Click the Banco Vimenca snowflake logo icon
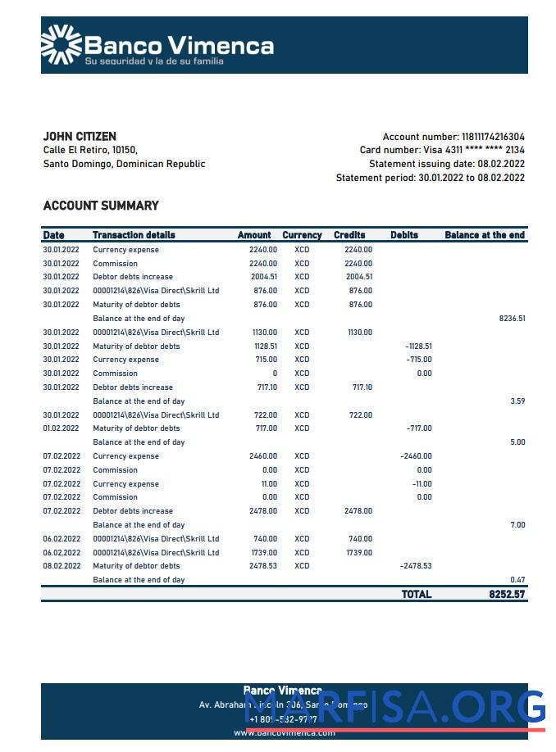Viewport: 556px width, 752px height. coord(62,44)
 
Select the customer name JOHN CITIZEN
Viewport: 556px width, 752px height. coord(80,137)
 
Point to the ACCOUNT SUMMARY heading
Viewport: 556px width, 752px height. coord(101,206)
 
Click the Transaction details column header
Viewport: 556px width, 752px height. coord(134,235)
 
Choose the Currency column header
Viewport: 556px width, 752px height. coord(302,235)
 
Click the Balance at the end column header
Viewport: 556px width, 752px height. coord(484,235)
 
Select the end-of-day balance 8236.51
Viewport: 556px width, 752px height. coord(512,319)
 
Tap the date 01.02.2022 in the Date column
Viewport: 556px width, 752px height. coord(62,428)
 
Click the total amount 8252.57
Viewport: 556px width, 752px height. coord(506,594)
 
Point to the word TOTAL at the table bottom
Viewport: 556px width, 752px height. coord(416,594)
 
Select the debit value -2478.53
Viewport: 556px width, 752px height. coord(415,566)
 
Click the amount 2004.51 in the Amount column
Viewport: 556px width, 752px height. coord(263,277)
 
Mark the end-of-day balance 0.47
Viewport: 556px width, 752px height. coord(517,580)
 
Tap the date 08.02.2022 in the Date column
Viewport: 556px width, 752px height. coord(62,566)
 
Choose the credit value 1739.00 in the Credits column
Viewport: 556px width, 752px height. coord(359,553)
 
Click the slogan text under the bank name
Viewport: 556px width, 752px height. coord(153,61)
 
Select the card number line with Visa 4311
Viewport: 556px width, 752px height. coord(442,150)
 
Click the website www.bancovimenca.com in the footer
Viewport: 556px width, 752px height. coord(284,732)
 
